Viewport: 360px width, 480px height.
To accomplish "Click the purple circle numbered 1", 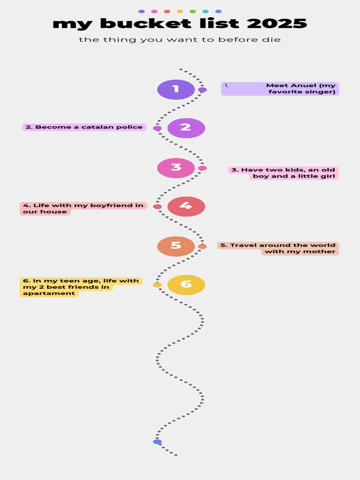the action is (176, 90).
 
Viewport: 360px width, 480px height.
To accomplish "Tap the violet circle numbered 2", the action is (186, 128).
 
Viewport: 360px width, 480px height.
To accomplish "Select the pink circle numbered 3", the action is (176, 168).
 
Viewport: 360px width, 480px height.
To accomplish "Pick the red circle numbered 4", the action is (186, 206).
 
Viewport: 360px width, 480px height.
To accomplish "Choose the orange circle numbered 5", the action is (176, 247).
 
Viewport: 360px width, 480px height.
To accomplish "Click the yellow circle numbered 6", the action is (186, 285).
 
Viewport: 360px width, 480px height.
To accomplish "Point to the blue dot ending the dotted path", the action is (157, 442).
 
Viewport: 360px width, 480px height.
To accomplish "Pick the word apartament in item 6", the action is (49, 293).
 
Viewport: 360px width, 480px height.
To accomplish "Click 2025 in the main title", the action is (277, 23).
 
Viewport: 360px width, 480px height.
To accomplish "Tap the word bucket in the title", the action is (145, 23).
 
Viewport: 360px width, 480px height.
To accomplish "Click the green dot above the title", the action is (193, 12).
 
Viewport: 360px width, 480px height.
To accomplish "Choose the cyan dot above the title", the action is (205, 12).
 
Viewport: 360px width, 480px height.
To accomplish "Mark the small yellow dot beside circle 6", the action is (157, 285).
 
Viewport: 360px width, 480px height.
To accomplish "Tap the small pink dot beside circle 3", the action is (202, 168).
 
